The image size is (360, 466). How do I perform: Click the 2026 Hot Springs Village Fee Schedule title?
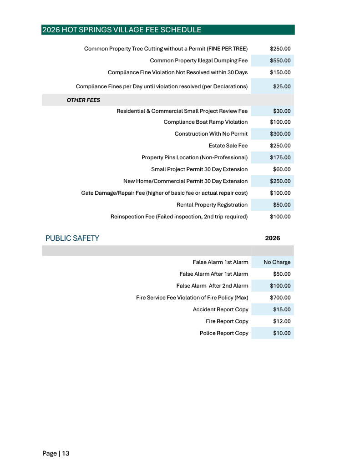pyautogui.click(x=122, y=30)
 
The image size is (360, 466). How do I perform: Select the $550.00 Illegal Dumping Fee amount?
pyautogui.click(x=280, y=61)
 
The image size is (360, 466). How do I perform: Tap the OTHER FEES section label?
pyautogui.click(x=83, y=100)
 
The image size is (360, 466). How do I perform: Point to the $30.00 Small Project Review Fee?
pyautogui.click(x=282, y=111)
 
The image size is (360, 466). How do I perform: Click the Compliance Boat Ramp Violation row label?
pyautogui.click(x=205, y=122)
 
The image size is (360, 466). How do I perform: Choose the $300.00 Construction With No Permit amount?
pyautogui.click(x=280, y=134)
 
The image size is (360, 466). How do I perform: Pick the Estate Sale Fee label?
pyautogui.click(x=228, y=146)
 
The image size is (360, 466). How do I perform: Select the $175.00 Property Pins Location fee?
pyautogui.click(x=280, y=158)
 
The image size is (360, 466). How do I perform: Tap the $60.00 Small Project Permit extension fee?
pyautogui.click(x=282, y=169)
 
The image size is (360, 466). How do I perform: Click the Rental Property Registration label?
pyautogui.click(x=212, y=205)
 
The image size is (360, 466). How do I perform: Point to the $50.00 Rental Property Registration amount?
pyautogui.click(x=282, y=205)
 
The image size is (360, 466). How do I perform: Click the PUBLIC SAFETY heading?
pyautogui.click(x=72, y=238)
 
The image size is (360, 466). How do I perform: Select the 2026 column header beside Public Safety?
pyautogui.click(x=272, y=238)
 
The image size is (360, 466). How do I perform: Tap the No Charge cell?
pyautogui.click(x=277, y=262)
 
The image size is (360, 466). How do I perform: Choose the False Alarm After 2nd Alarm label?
pyautogui.click(x=212, y=286)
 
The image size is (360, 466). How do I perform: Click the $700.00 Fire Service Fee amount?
pyautogui.click(x=280, y=298)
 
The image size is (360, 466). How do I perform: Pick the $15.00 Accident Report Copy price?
pyautogui.click(x=282, y=309)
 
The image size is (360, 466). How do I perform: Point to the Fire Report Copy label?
pyautogui.click(x=227, y=321)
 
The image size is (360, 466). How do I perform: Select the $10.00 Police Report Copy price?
pyautogui.click(x=282, y=333)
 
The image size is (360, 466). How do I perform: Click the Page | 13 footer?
pyautogui.click(x=56, y=453)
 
